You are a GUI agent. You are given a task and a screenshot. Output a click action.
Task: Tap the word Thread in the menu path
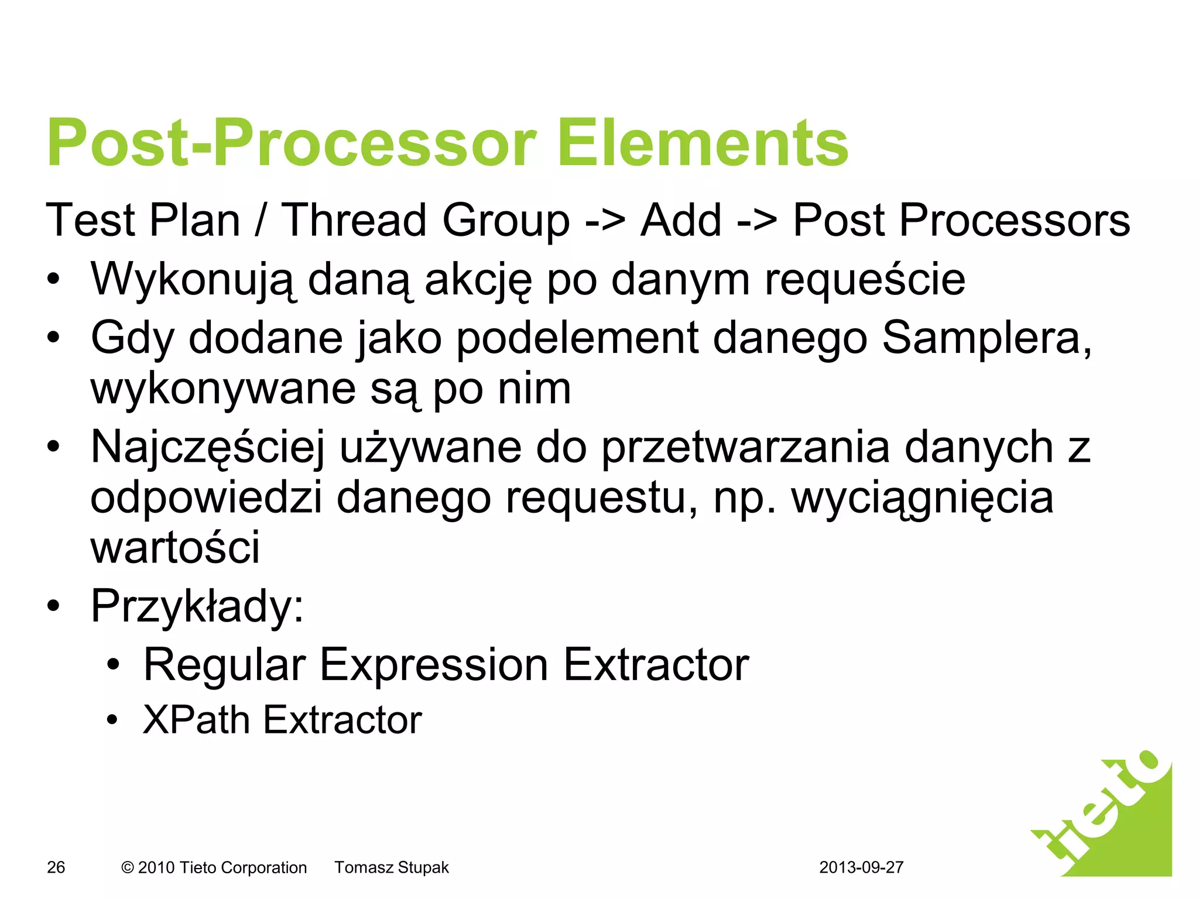pos(354,221)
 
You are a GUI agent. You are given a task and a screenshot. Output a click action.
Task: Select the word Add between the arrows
pos(681,221)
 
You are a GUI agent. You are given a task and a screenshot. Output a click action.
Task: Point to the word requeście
pos(865,280)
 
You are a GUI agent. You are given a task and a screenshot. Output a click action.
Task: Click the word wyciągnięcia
pos(922,499)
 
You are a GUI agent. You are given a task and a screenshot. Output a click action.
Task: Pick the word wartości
pos(174,547)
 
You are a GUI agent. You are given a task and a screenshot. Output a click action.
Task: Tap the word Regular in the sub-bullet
pos(224,665)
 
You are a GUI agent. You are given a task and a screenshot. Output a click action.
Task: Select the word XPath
pos(196,720)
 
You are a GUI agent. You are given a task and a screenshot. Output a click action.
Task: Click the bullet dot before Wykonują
pos(54,280)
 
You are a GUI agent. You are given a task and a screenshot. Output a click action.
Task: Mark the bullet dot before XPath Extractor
pos(112,720)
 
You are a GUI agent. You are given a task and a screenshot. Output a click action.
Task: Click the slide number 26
pos(56,867)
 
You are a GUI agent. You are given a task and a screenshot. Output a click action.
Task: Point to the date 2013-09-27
pos(861,867)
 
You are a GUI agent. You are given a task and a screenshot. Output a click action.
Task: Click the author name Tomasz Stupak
pos(391,867)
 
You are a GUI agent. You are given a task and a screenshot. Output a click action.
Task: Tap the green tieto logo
pos(1106,819)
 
